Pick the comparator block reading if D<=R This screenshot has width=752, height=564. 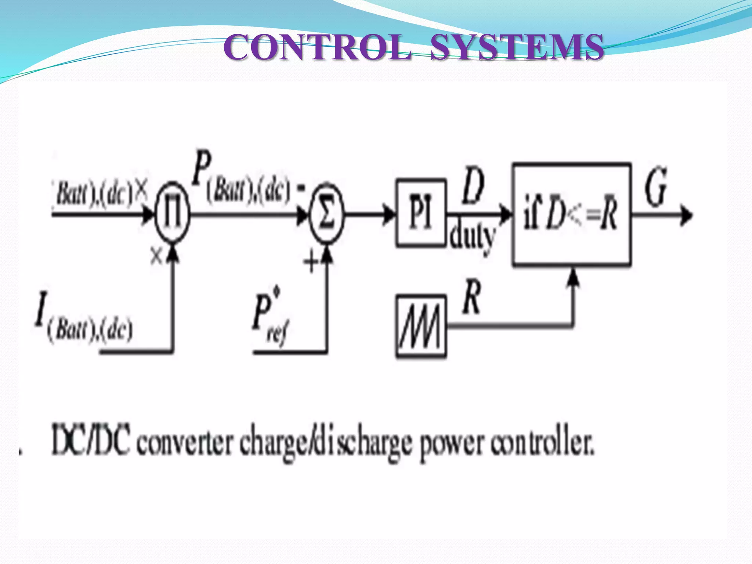572,214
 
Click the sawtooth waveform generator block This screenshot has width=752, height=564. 421,326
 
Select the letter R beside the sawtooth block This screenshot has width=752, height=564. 472,297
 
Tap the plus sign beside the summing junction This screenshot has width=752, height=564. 311,262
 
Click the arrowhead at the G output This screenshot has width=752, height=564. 686,214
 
